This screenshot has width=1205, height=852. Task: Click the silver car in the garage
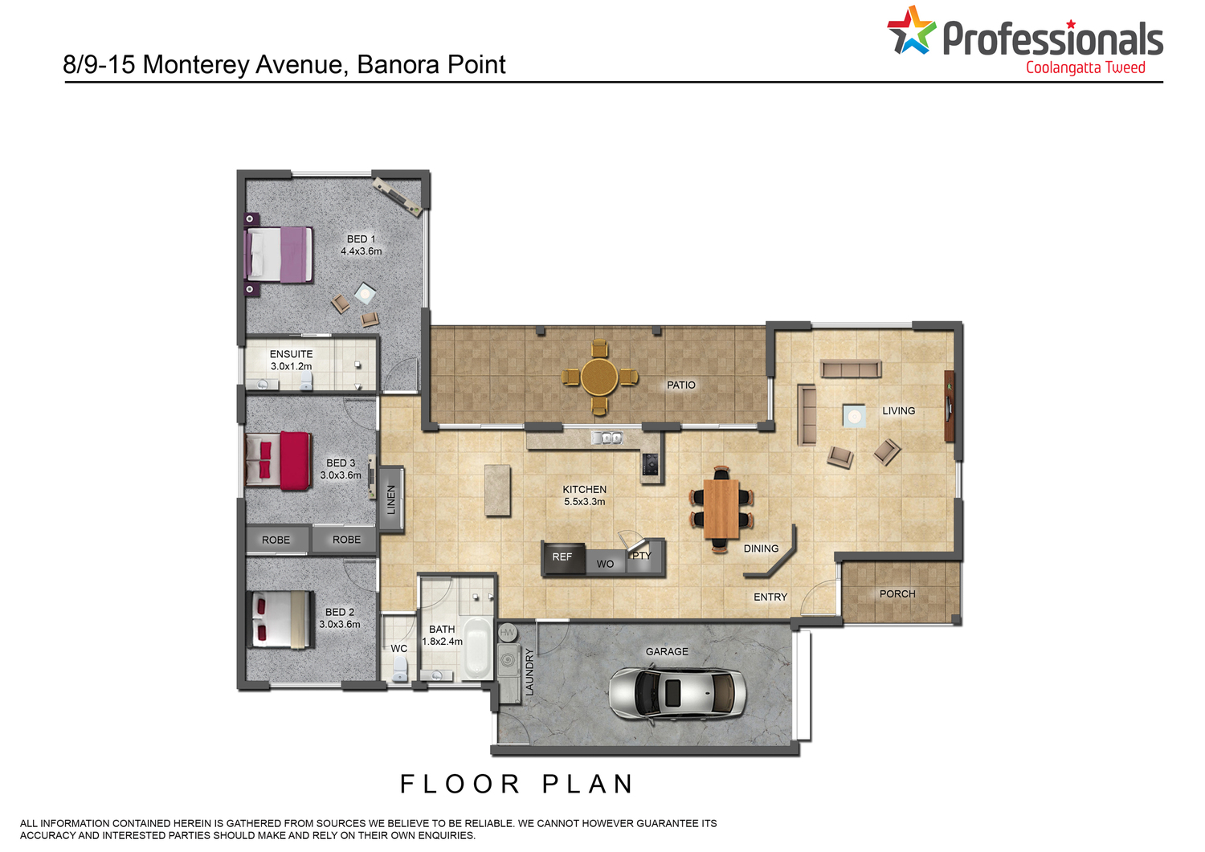677,693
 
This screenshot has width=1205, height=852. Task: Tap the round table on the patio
599,377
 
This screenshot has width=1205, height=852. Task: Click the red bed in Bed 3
278,461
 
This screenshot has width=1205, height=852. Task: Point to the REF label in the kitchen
562,556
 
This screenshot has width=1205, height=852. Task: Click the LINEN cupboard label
391,499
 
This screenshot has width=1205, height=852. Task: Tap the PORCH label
897,593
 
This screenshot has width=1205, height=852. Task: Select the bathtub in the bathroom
478,648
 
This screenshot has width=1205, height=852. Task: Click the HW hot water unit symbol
507,633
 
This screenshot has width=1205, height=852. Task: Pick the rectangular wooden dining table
721,508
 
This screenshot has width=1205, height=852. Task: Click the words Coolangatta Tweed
1085,67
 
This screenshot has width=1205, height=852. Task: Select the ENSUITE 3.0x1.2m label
291,360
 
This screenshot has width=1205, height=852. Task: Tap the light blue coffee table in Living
854,416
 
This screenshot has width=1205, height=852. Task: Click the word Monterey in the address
197,64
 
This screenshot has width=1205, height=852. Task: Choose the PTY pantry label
641,555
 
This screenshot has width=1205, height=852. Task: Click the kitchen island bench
497,491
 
